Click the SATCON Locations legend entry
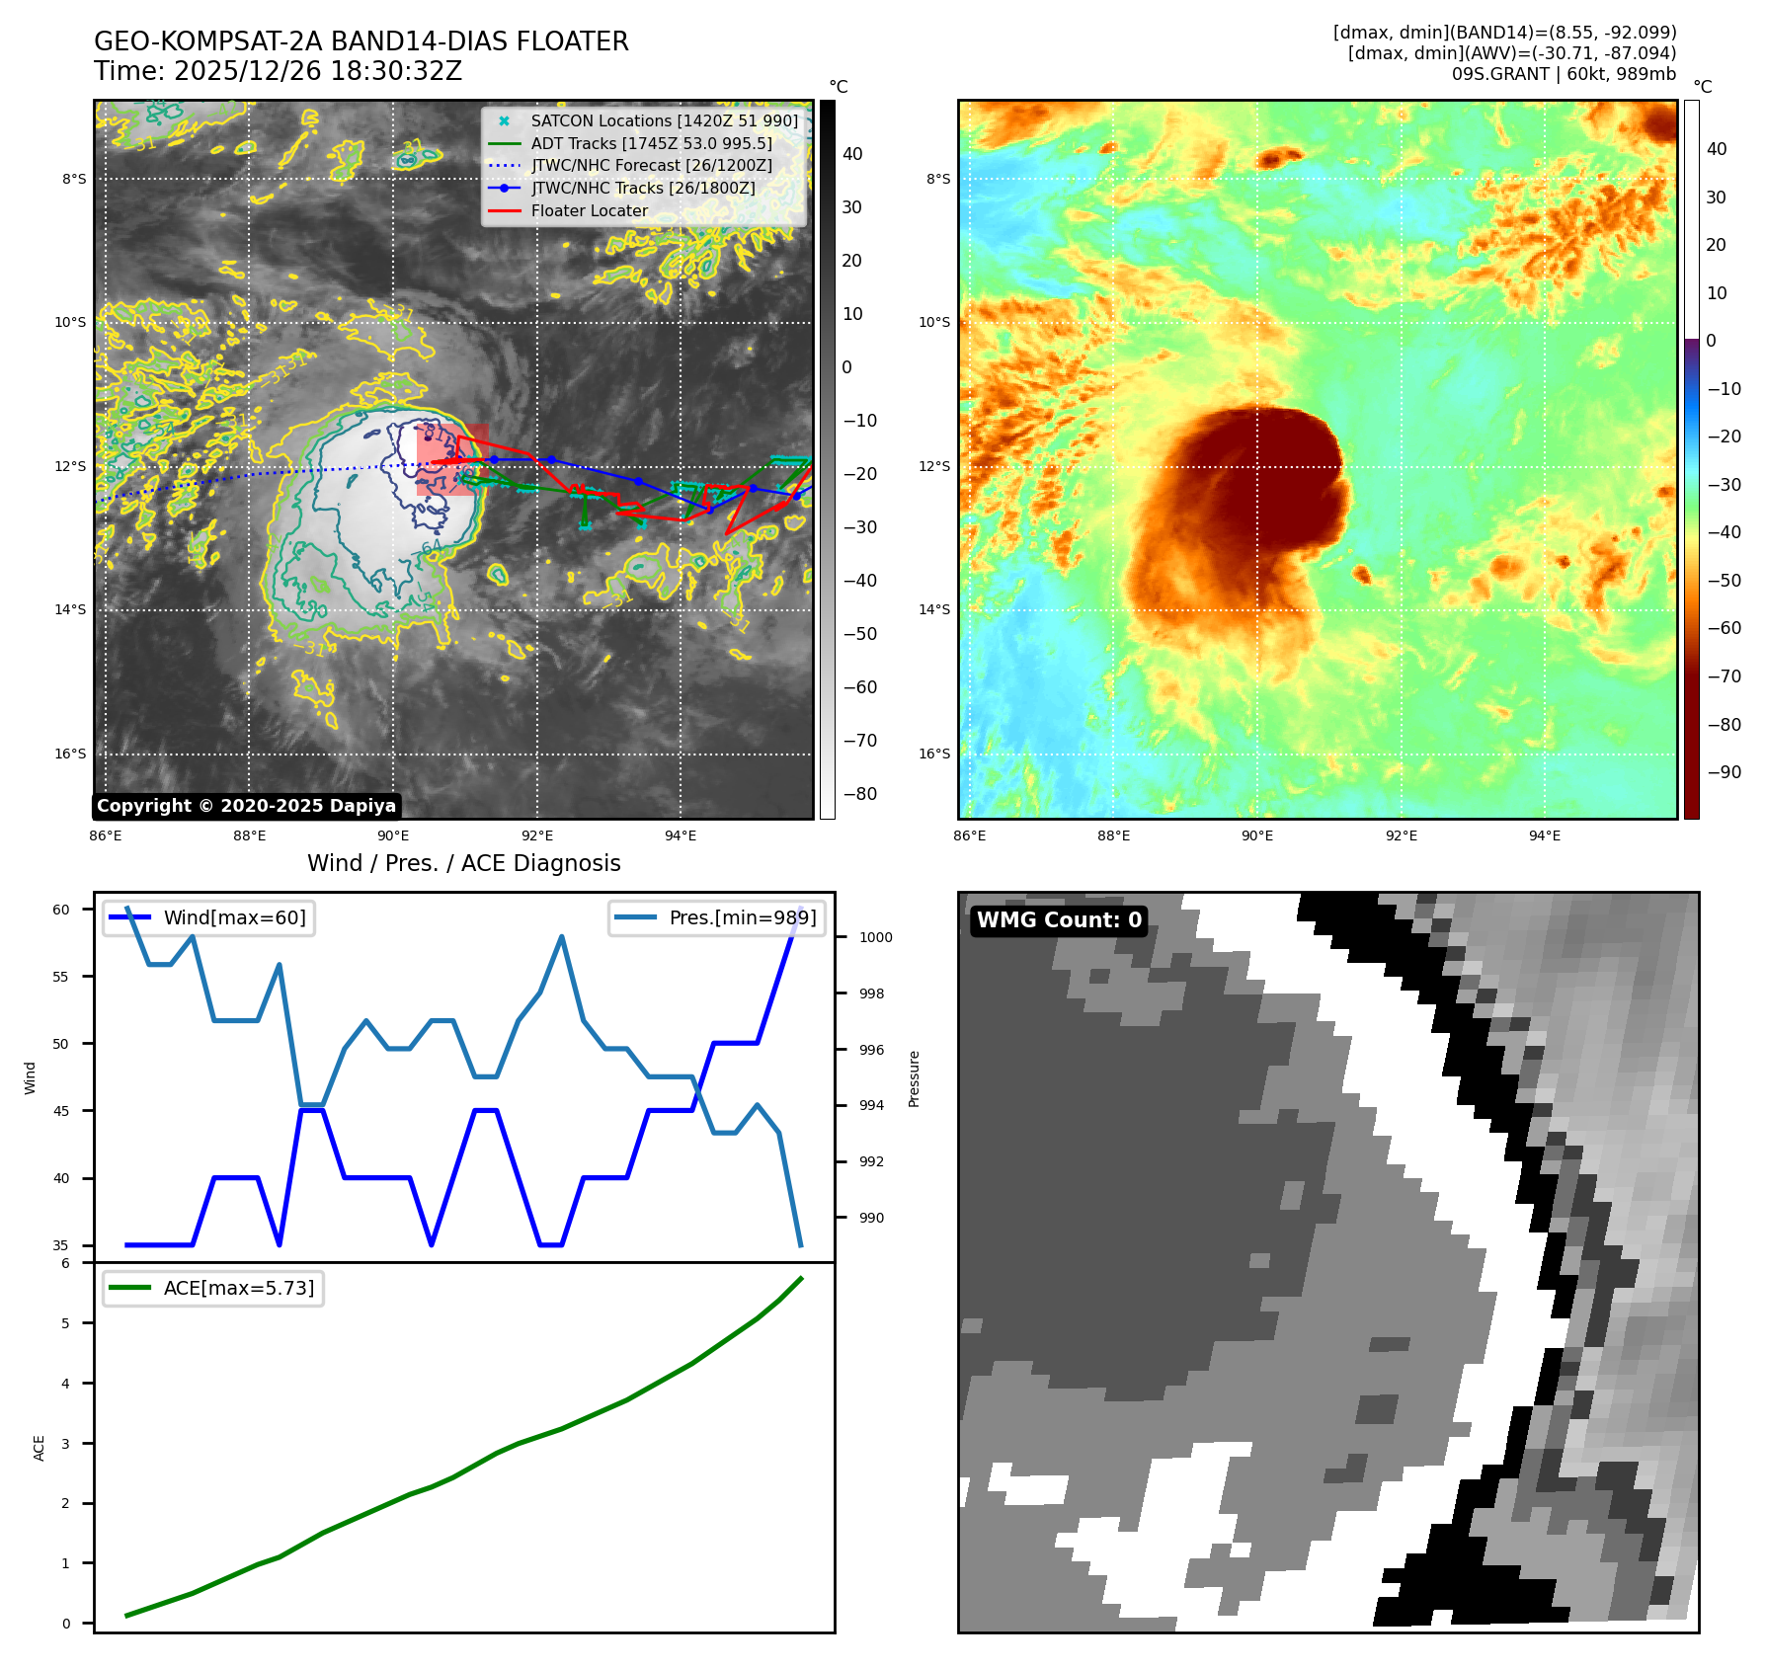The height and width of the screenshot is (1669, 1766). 664,120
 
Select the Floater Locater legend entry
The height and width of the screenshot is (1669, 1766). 589,210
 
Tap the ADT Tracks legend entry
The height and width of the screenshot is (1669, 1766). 651,143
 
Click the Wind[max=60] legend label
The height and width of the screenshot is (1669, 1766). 234,917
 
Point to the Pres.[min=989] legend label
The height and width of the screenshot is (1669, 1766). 742,917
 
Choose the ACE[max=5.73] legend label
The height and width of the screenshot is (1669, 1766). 238,1288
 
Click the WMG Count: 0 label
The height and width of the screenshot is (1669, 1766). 1059,920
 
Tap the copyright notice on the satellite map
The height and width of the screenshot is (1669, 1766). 246,806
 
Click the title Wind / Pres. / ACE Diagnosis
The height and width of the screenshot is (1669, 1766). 463,863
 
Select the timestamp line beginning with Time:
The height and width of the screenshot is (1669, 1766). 278,71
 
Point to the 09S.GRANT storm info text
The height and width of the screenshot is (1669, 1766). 1563,74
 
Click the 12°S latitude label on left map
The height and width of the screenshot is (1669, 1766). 70,466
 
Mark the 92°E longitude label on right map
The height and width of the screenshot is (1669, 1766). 1401,835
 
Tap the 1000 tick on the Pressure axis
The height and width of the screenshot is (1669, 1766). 875,937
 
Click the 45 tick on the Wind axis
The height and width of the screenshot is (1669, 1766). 61,1111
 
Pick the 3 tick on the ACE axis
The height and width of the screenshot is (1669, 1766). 66,1444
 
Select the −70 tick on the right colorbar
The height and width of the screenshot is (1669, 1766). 1725,676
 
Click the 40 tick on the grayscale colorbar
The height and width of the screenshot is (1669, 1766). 852,154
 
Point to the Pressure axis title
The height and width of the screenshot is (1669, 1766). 914,1078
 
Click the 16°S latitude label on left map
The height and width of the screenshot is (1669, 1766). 70,754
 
